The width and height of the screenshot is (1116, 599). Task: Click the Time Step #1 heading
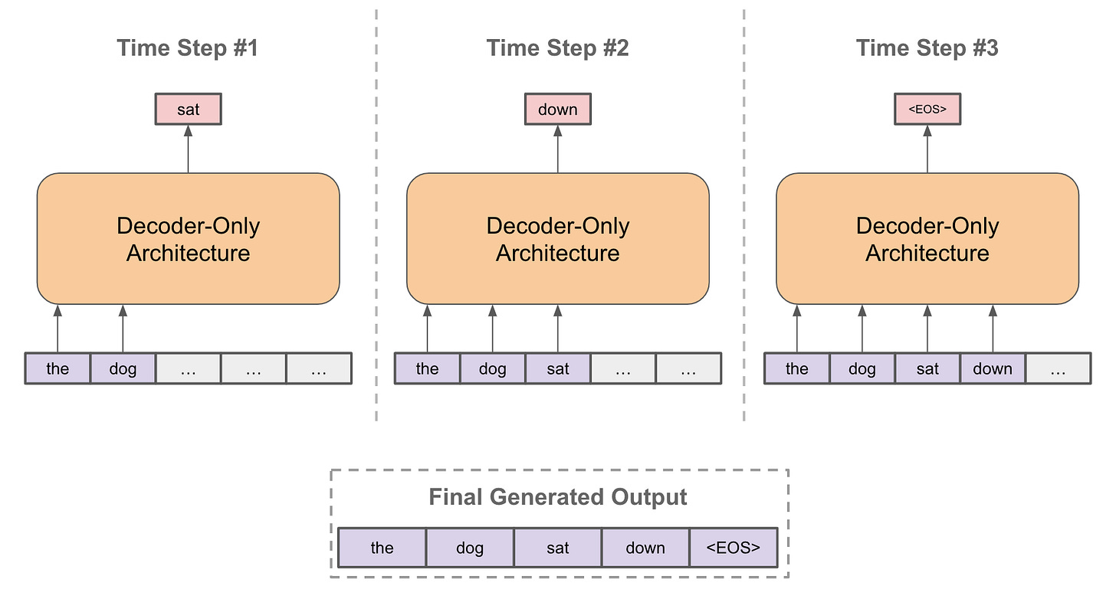click(188, 48)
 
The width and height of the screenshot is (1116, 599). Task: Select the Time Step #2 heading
click(557, 48)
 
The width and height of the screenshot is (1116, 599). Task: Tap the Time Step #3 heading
click(927, 48)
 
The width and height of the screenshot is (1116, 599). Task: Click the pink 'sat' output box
click(188, 110)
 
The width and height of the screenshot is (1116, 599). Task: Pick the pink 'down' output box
click(557, 110)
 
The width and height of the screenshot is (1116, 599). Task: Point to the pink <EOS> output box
click(927, 110)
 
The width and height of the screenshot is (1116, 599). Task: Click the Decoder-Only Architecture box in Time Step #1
click(188, 239)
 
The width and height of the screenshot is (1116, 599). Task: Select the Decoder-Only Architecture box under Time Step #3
click(927, 239)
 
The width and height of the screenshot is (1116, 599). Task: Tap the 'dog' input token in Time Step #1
click(123, 368)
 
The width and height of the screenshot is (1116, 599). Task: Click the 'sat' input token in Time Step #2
click(557, 368)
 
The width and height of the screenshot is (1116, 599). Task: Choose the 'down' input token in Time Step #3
click(993, 368)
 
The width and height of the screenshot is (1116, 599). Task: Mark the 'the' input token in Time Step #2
click(427, 368)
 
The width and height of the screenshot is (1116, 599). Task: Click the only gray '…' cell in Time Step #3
click(1058, 368)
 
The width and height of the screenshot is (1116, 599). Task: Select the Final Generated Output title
click(557, 497)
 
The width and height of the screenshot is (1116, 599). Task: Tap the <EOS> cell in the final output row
click(733, 548)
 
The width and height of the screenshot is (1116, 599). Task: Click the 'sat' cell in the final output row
click(557, 548)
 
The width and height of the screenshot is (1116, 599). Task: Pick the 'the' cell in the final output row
click(382, 548)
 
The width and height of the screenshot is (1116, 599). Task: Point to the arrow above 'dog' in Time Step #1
click(123, 329)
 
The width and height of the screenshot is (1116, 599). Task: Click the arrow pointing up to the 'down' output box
click(557, 149)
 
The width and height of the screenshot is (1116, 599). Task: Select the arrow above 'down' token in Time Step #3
click(993, 329)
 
